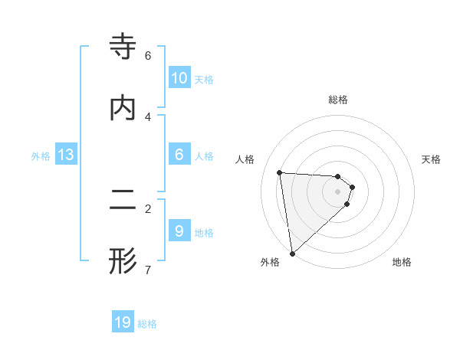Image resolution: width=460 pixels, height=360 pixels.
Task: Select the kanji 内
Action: pos(123,107)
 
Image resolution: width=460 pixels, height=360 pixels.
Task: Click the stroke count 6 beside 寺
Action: pos(148,56)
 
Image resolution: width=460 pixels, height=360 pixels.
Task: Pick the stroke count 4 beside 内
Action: pos(148,116)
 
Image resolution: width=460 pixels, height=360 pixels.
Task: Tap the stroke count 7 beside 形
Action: pos(148,270)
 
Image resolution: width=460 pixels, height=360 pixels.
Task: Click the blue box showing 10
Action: pos(179,78)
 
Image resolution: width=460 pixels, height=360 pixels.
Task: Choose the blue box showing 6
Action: pos(179,154)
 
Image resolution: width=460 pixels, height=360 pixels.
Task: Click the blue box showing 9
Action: pos(179,231)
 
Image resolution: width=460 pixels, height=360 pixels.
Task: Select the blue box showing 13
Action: pos(66,155)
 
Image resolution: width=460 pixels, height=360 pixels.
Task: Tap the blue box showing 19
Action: pos(123,322)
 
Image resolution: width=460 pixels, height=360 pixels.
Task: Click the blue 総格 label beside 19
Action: pos(147,324)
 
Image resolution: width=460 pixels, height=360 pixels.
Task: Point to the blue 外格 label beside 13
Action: pos(41,155)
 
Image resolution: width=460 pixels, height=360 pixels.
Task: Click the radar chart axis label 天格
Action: pos(431,159)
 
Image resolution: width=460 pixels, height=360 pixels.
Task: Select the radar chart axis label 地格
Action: pos(402,262)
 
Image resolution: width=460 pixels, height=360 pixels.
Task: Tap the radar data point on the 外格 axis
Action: pos(292,253)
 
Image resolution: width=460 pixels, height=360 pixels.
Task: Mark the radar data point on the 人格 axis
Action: pos(280,173)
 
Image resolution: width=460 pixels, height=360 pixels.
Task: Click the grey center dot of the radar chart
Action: pos(338,191)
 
